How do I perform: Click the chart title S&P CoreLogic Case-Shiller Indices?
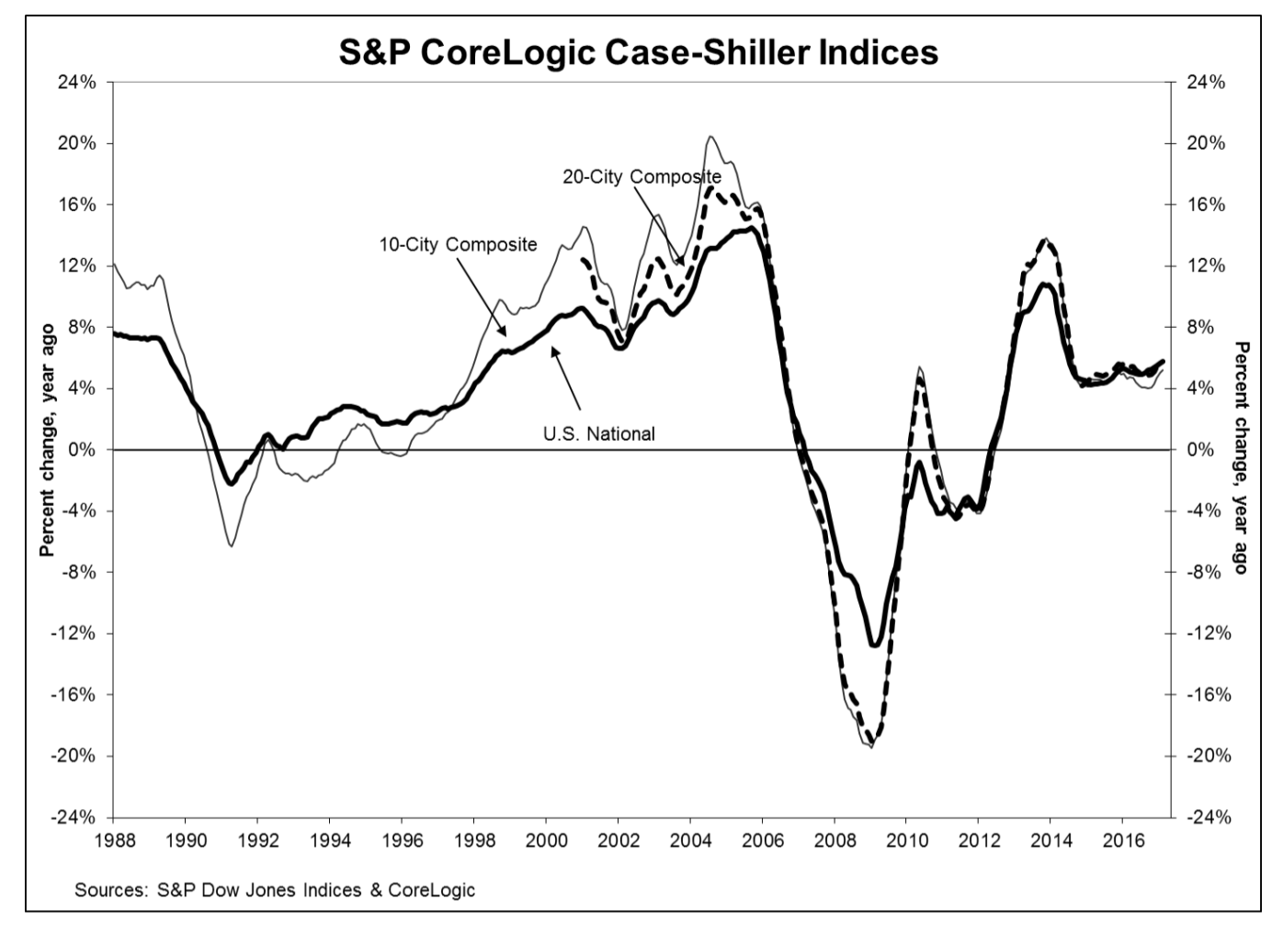[639, 51]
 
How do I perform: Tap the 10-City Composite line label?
[458, 245]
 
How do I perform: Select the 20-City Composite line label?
[641, 176]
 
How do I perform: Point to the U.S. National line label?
[599, 433]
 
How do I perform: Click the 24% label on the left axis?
[80, 83]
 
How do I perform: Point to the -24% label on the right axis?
[1207, 817]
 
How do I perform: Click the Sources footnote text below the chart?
[275, 889]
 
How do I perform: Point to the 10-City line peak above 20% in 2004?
[710, 137]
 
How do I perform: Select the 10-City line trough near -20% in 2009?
[869, 747]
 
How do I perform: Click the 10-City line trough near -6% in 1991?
[230, 546]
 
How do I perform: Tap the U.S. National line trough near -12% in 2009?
[874, 646]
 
